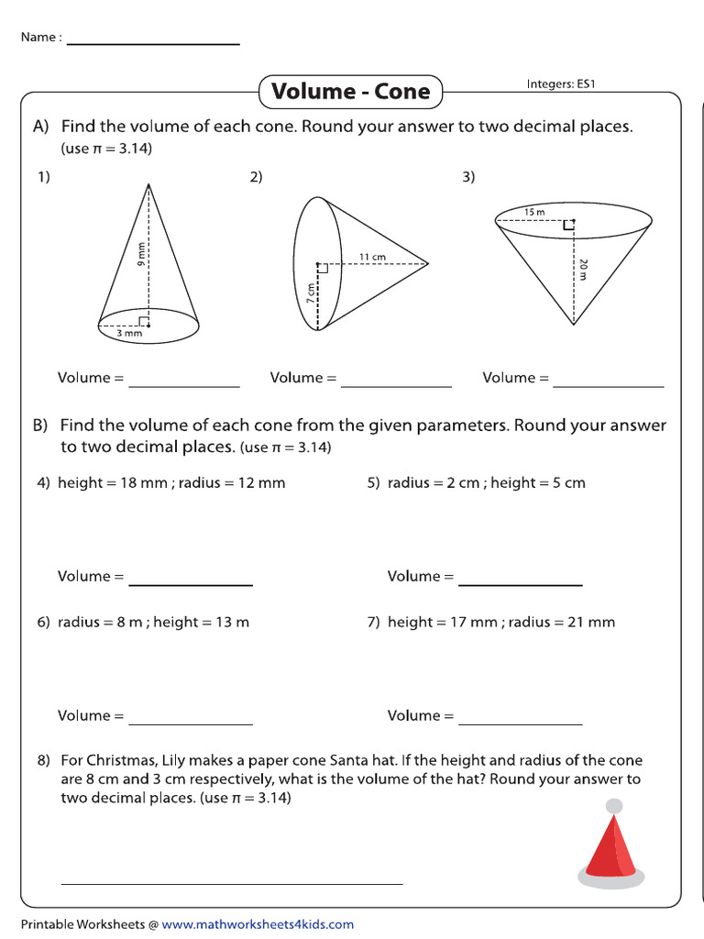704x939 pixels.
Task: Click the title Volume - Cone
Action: click(x=351, y=92)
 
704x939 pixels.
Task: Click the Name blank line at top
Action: click(x=153, y=43)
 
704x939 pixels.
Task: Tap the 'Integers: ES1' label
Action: click(x=561, y=84)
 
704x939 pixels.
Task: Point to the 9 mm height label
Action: click(x=141, y=254)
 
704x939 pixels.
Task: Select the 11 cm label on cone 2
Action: click(x=372, y=257)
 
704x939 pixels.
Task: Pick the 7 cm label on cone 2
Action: click(x=310, y=293)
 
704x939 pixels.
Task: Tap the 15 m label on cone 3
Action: click(x=534, y=212)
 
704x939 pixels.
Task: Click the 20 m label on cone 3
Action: click(x=583, y=269)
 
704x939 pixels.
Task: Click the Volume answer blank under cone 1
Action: click(x=183, y=385)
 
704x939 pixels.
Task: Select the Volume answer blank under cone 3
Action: click(x=608, y=385)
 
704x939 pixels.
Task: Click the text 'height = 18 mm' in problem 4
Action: click(x=110, y=483)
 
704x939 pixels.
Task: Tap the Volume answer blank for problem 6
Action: click(x=191, y=723)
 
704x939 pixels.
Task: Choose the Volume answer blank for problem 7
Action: click(x=520, y=723)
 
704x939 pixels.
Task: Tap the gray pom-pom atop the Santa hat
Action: click(x=614, y=806)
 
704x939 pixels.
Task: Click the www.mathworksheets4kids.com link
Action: click(x=258, y=924)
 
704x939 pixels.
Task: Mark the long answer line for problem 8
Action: click(x=231, y=882)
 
